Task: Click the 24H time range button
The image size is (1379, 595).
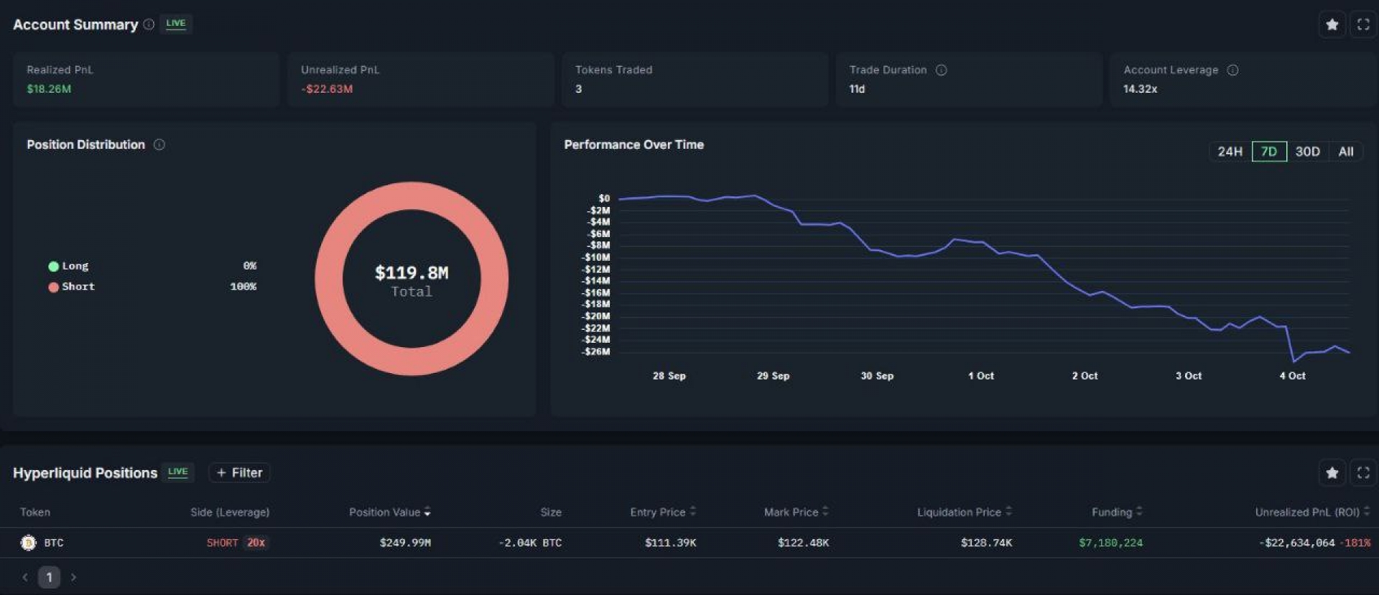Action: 1230,152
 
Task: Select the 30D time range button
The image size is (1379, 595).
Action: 1307,152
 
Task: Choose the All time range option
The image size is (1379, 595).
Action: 1345,152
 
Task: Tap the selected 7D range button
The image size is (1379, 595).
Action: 1269,152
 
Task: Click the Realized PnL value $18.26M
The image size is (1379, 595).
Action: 49,89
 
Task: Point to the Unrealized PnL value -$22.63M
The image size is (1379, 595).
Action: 327,89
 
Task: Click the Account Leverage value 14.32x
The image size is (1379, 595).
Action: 1140,89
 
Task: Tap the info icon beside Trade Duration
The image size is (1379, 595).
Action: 941,70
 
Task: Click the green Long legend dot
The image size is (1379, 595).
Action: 53,267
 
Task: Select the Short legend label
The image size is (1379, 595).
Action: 78,287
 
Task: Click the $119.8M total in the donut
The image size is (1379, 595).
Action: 412,273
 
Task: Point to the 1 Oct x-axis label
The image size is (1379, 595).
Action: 980,376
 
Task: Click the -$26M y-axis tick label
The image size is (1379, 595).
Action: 596,351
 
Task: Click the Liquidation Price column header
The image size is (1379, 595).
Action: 959,512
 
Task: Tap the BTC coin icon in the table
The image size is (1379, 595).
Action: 29,543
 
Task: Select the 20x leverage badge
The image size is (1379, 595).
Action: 256,543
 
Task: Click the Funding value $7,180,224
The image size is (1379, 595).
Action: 1110,543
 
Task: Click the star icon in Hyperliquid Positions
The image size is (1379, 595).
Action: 1332,473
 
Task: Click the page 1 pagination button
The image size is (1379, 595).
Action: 49,577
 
